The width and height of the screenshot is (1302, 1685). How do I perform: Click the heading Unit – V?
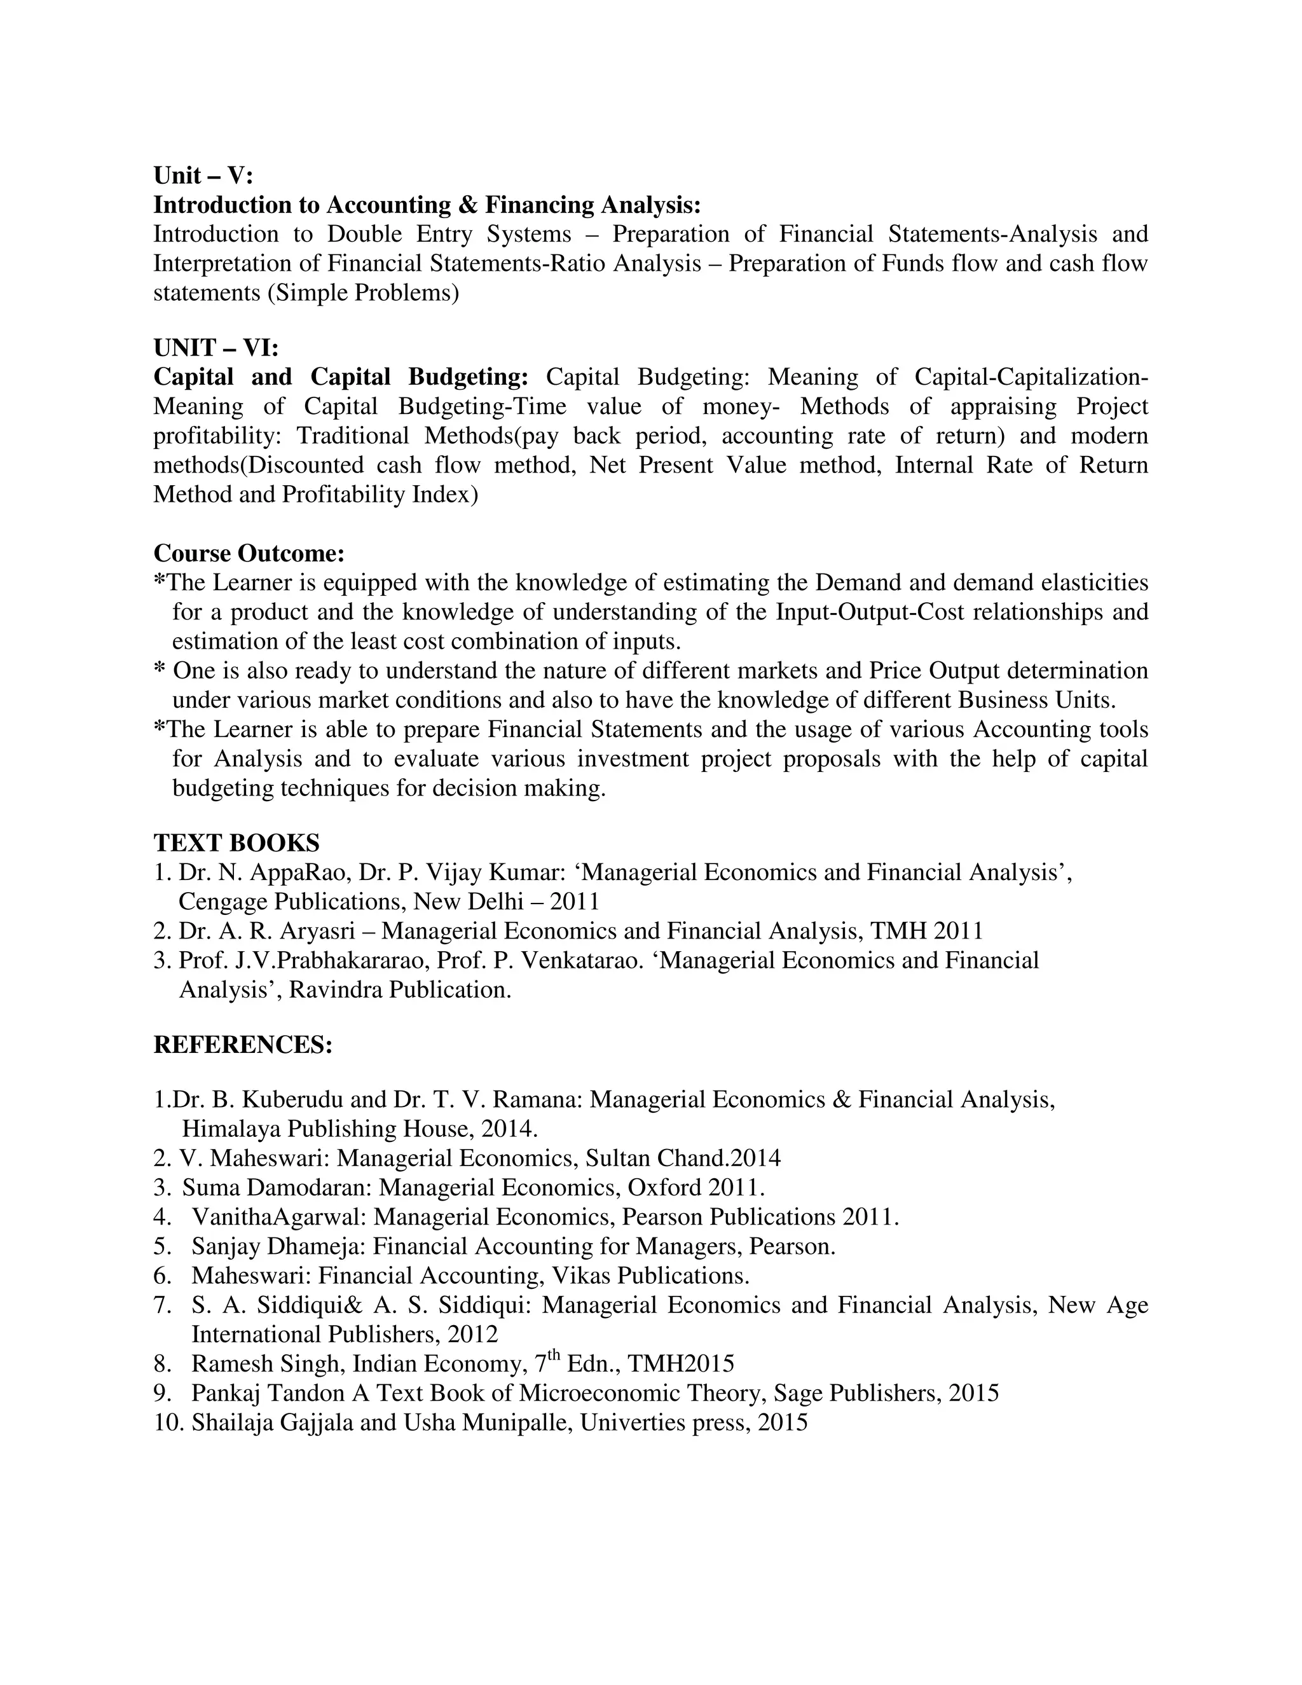click(x=203, y=176)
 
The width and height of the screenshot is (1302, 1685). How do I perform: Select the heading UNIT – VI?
click(x=216, y=348)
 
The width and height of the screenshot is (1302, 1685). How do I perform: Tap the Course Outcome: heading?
click(x=249, y=553)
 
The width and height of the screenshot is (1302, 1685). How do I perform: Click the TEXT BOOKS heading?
click(x=236, y=842)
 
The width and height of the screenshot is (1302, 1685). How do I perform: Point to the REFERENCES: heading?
click(x=243, y=1045)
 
